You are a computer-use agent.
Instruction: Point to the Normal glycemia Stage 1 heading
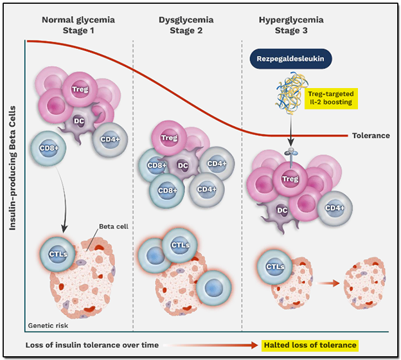pyautogui.click(x=78, y=24)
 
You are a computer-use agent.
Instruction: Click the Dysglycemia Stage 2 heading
pyautogui.click(x=186, y=24)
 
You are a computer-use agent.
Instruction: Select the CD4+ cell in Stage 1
pyautogui.click(x=105, y=138)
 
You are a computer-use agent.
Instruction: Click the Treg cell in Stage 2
pyautogui.click(x=169, y=138)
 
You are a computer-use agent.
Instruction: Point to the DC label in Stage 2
pyautogui.click(x=183, y=166)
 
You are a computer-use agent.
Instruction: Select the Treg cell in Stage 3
pyautogui.click(x=290, y=179)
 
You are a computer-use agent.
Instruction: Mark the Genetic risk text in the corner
pyautogui.click(x=46, y=325)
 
